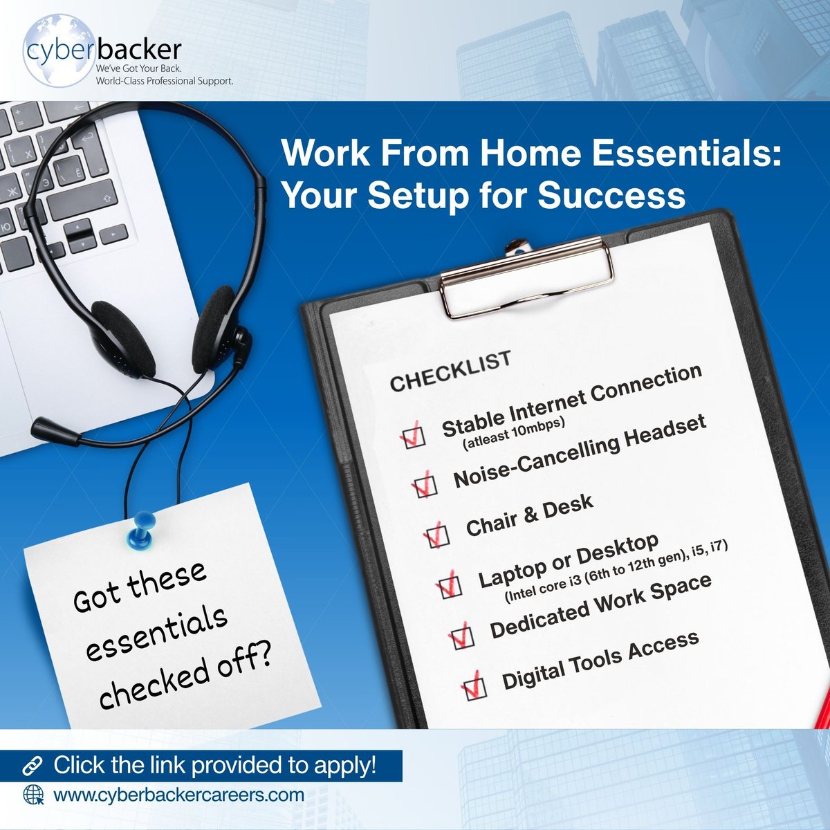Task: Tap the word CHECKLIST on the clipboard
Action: point(450,371)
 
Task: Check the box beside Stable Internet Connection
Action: point(414,435)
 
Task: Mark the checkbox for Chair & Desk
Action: point(436,535)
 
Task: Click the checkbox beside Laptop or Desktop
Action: point(449,586)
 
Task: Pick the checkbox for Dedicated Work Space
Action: point(461,636)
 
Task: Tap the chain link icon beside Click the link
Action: point(32,766)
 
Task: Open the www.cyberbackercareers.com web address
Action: point(178,795)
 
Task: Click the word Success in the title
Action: point(611,195)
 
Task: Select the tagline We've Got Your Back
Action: point(134,71)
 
